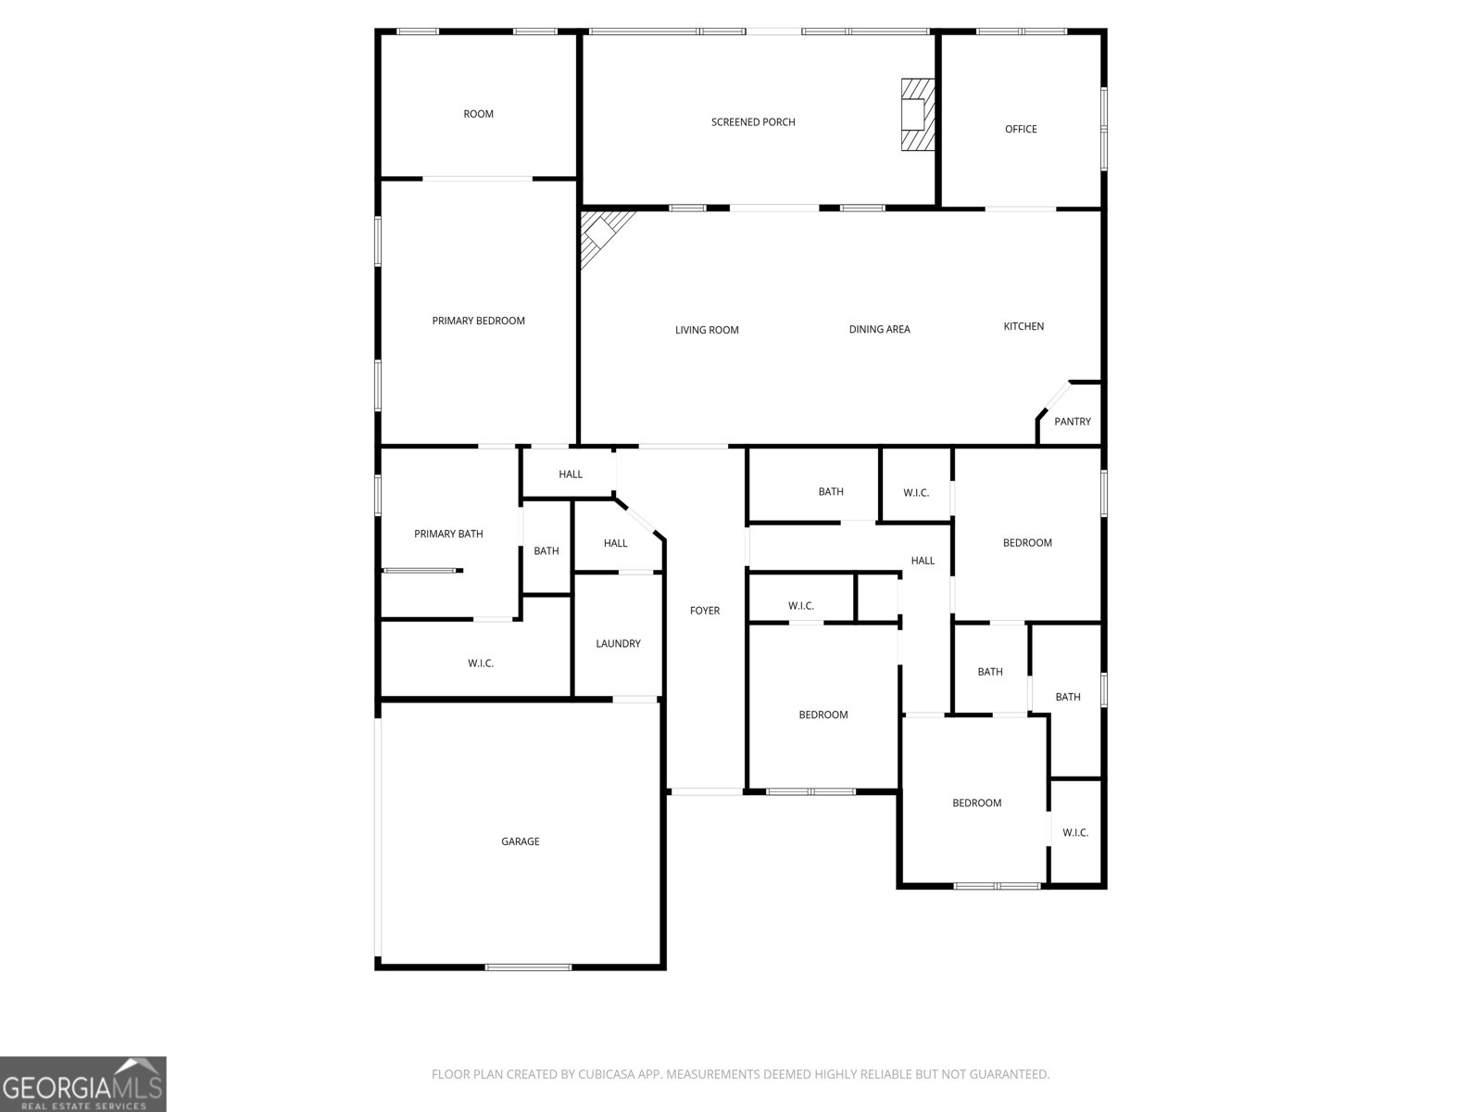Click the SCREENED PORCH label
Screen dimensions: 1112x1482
(x=753, y=122)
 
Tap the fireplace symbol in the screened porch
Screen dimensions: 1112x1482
(x=917, y=114)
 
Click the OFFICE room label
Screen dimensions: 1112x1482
(x=1021, y=129)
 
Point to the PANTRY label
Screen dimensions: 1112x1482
(x=1073, y=422)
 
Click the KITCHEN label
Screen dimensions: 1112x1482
(x=1024, y=326)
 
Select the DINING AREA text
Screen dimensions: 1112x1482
(x=879, y=329)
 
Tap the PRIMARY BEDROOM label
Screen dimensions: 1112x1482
(x=478, y=321)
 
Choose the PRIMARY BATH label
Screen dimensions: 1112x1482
(x=448, y=534)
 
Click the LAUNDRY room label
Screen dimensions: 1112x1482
(x=618, y=644)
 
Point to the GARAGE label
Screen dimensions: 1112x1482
(x=520, y=841)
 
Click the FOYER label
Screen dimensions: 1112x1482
(x=704, y=611)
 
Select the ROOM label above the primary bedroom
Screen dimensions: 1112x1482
(x=478, y=114)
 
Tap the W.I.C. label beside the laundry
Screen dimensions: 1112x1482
(x=481, y=663)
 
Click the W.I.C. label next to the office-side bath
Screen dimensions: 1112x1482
(x=916, y=493)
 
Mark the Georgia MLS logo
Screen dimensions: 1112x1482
(x=83, y=1083)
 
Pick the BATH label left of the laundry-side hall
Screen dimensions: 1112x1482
(x=546, y=551)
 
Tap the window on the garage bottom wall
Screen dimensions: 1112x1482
(x=528, y=967)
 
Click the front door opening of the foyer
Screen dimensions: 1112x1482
(x=706, y=791)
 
